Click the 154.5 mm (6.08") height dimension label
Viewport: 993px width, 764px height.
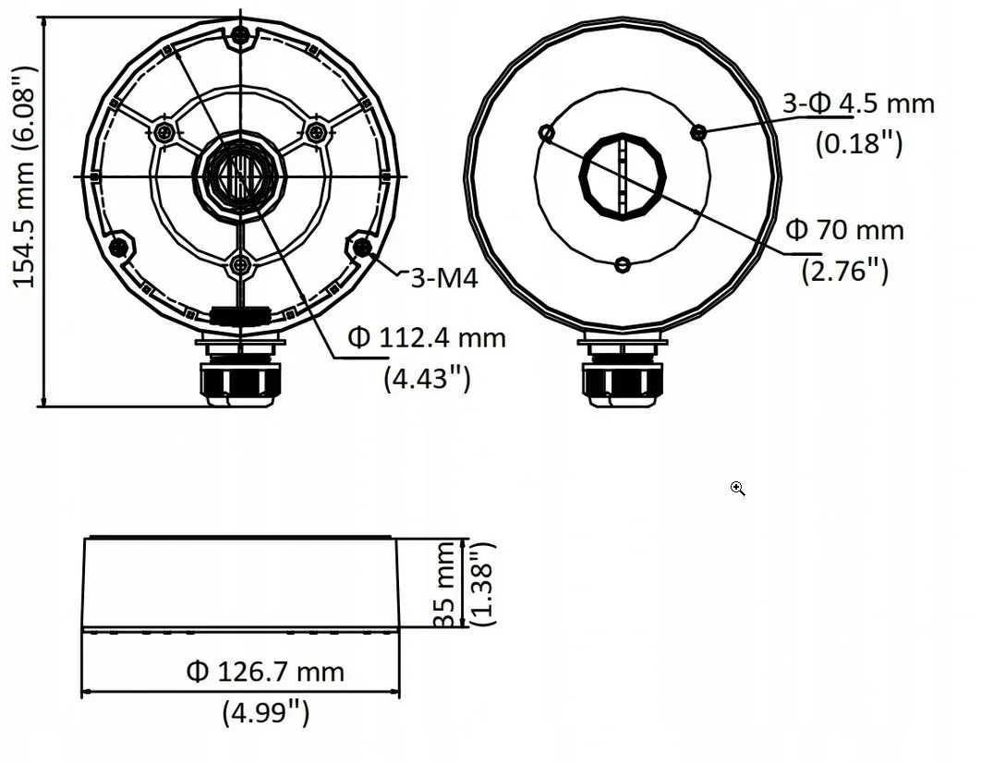click(x=24, y=176)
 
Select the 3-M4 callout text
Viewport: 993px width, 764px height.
click(x=444, y=277)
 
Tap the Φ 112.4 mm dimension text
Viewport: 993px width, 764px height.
click(x=427, y=338)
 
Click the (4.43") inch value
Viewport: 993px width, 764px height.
click(x=427, y=377)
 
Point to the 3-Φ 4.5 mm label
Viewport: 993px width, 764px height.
click(x=858, y=103)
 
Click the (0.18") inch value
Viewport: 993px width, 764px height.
click(x=858, y=142)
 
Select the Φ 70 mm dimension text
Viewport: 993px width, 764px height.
click(x=844, y=229)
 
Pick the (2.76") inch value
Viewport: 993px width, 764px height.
click(x=844, y=270)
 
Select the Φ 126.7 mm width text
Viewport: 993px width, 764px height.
click(x=265, y=672)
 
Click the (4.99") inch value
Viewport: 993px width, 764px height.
click(x=265, y=711)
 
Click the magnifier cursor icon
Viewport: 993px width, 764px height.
click(x=737, y=488)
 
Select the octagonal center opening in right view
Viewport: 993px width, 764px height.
click(x=623, y=176)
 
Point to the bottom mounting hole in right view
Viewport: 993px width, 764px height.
click(x=623, y=266)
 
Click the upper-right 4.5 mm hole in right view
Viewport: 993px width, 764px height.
click(x=698, y=132)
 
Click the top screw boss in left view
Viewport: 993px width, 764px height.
click(x=240, y=36)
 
